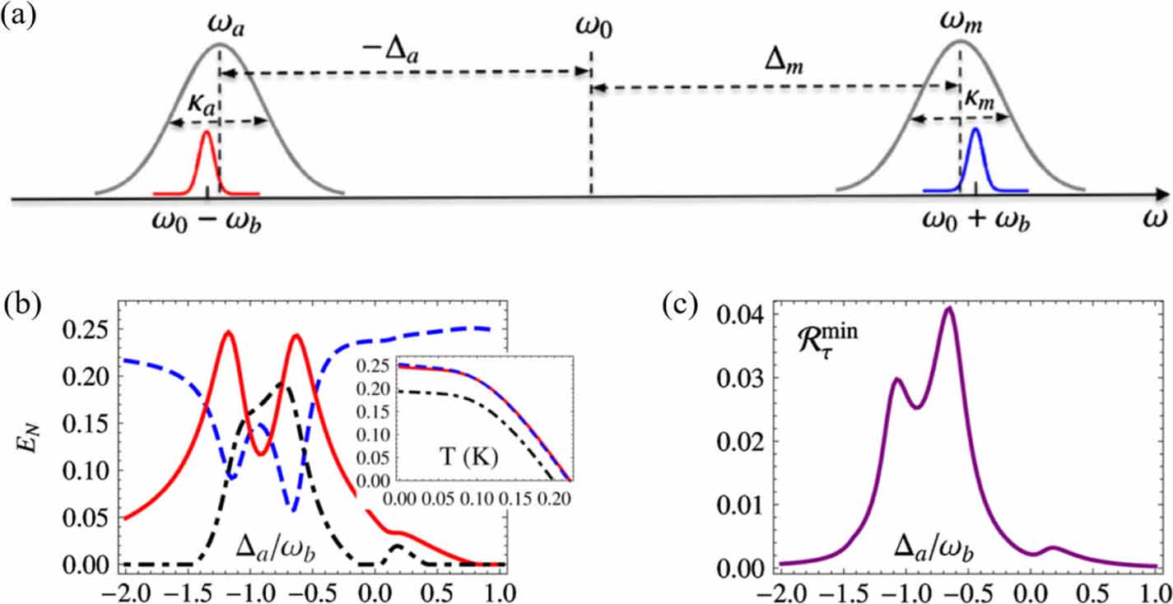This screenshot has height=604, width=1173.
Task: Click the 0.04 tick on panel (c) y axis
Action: pyautogui.click(x=696, y=314)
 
